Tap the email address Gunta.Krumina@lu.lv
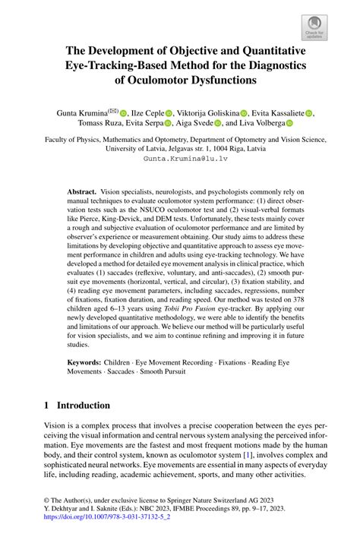click(179, 159)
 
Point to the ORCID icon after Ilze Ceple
click(169, 113)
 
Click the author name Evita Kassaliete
click(276, 112)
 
